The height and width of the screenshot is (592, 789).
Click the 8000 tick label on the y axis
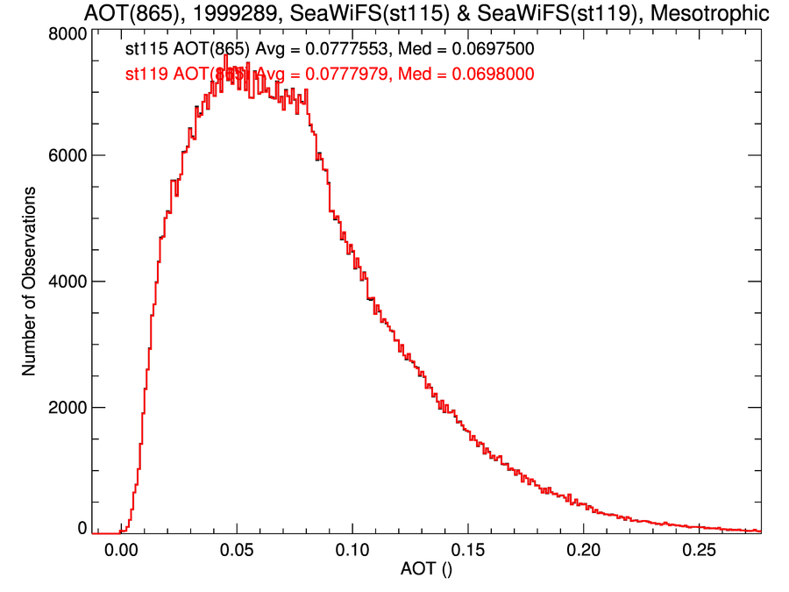(x=67, y=32)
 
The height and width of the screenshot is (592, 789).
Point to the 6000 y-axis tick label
(x=67, y=155)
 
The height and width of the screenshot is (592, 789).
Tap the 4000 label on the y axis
(x=67, y=282)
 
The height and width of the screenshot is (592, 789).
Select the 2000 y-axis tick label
(x=67, y=408)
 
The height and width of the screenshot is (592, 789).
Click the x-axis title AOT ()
(x=427, y=569)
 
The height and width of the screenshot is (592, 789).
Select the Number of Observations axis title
(x=30, y=282)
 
